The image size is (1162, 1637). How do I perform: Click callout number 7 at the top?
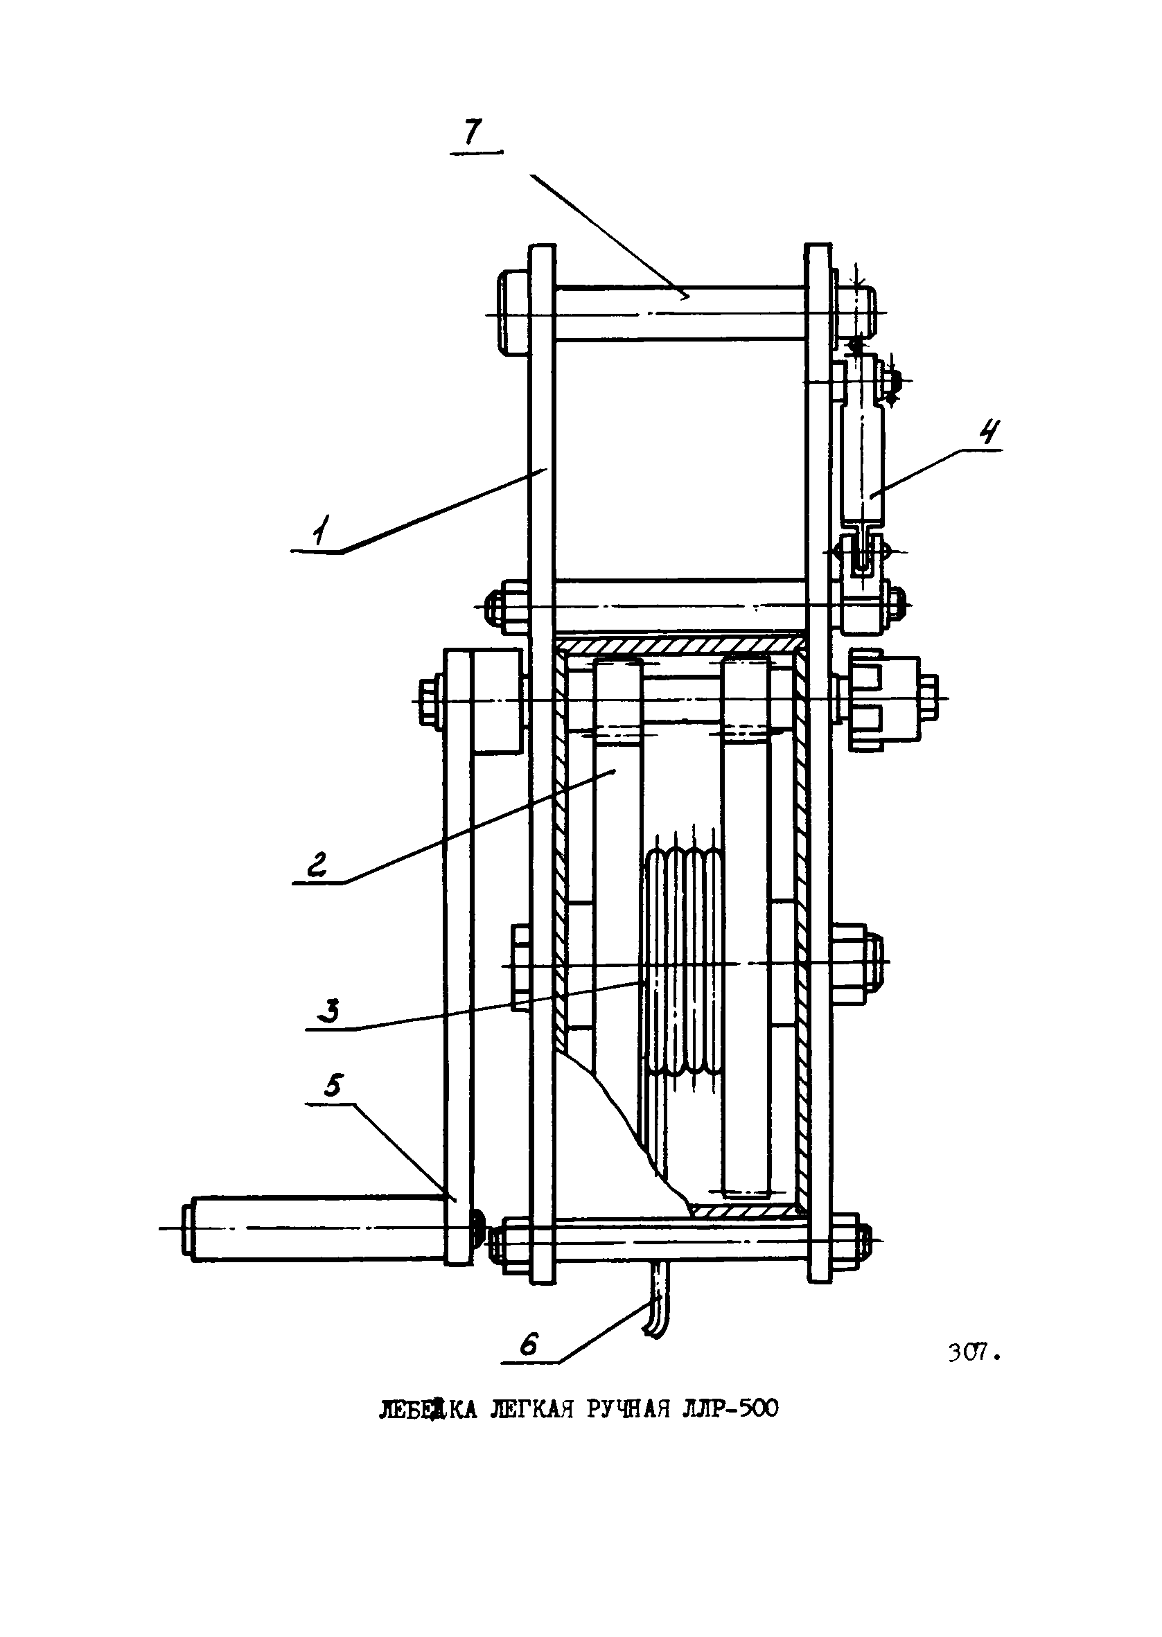tap(474, 132)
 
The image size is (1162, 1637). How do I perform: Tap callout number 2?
tap(316, 865)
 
